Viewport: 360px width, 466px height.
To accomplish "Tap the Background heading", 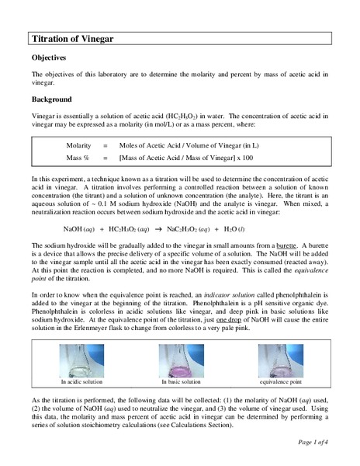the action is [x=54, y=100].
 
